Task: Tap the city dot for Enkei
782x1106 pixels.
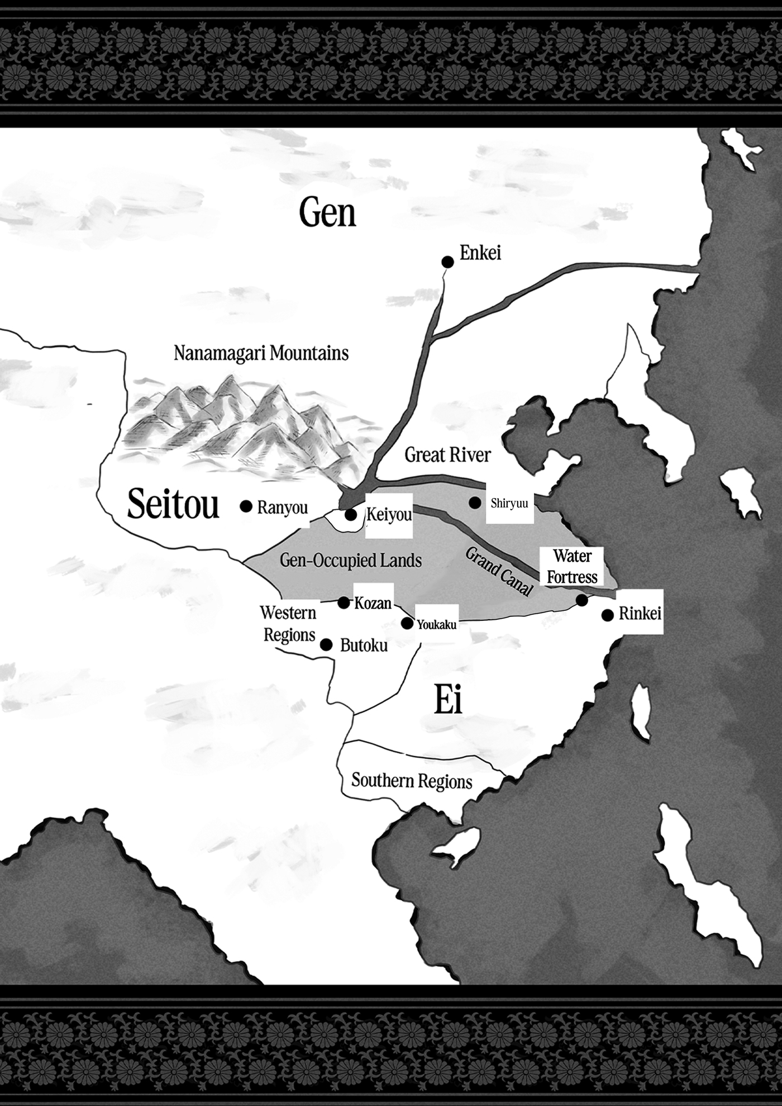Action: tap(447, 261)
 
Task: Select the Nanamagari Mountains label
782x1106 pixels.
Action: tap(261, 354)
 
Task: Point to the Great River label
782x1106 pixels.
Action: tap(447, 455)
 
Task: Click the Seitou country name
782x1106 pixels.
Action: tap(173, 504)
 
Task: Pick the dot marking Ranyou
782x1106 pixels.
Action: tap(245, 506)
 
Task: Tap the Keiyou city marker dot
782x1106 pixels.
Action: tap(351, 515)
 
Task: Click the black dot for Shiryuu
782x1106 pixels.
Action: tap(474, 503)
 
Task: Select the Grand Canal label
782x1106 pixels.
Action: tap(499, 572)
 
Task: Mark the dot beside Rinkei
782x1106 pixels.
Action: tap(608, 615)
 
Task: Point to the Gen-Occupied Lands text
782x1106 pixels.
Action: tap(350, 561)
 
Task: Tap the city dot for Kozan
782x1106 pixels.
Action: tap(344, 602)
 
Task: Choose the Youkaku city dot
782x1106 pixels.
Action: tap(408, 623)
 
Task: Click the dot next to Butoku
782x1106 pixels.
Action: tap(326, 645)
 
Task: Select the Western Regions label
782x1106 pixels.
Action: tap(289, 624)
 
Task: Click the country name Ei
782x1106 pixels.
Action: tap(449, 702)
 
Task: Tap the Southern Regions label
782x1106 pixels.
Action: tap(412, 781)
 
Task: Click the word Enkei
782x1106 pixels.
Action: tap(480, 253)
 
